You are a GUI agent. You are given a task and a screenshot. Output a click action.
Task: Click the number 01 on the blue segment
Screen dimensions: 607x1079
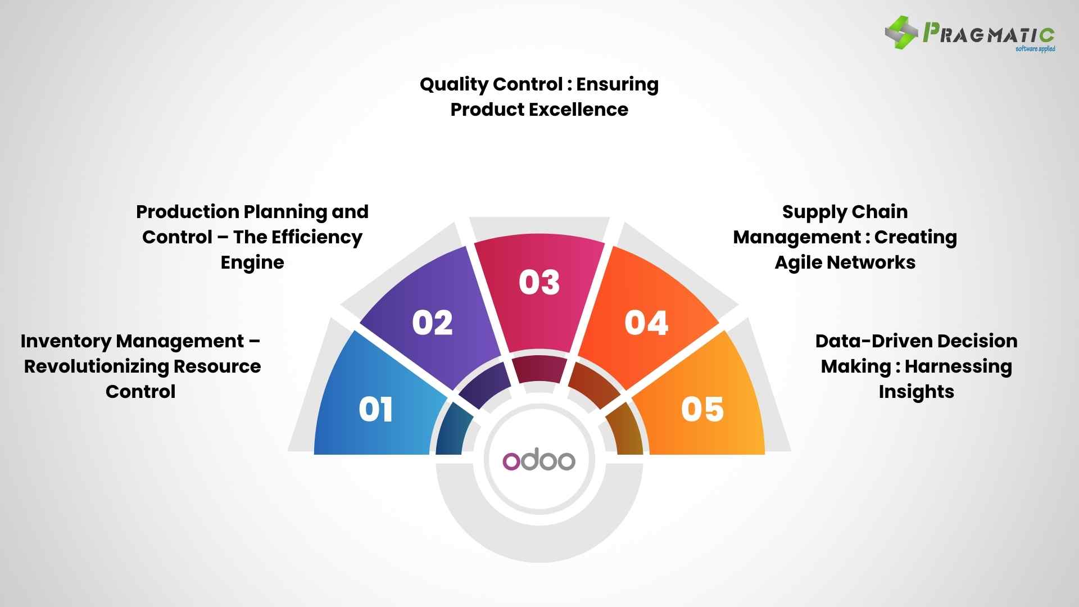click(375, 409)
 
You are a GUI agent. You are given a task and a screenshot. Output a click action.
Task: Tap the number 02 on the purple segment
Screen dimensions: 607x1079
click(432, 323)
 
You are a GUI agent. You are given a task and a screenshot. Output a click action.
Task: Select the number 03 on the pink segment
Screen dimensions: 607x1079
click(539, 282)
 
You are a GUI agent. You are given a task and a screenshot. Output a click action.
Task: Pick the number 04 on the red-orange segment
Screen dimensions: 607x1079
click(646, 323)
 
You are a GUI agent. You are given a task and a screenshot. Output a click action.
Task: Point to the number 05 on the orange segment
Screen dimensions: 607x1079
click(702, 409)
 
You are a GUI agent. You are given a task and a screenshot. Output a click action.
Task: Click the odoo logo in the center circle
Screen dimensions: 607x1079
click(539, 460)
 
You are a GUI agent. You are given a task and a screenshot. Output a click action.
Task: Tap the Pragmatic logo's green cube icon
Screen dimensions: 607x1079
click(901, 33)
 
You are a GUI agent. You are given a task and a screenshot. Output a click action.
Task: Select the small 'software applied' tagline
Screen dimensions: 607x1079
click(1035, 49)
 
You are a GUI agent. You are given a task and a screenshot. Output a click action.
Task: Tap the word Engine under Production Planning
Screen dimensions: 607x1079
click(252, 262)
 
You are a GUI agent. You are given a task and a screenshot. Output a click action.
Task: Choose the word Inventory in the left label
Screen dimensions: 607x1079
click(65, 341)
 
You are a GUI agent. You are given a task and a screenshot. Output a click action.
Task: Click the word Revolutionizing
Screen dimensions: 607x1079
click(96, 366)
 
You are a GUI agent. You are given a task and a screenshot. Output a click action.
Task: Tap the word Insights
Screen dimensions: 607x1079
click(916, 392)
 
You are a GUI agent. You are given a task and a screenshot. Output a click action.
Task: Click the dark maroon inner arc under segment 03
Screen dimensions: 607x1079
click(538, 368)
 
